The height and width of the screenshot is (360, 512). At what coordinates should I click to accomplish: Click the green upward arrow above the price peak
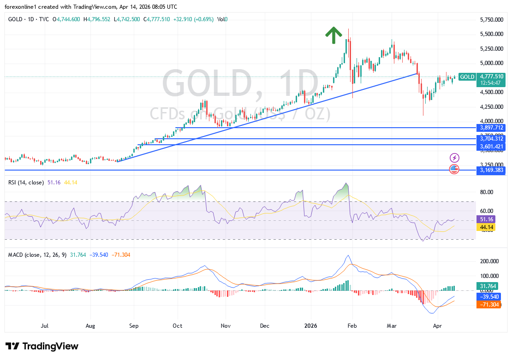333,35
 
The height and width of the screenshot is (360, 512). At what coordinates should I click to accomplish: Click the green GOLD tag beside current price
467,77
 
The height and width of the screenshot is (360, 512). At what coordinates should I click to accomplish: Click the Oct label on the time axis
178,325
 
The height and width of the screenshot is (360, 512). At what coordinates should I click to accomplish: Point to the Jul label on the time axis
45,325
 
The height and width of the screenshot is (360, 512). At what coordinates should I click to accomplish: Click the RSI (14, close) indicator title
26,183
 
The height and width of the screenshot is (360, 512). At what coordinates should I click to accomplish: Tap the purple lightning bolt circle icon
454,158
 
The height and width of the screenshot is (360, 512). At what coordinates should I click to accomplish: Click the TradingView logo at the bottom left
42,346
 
